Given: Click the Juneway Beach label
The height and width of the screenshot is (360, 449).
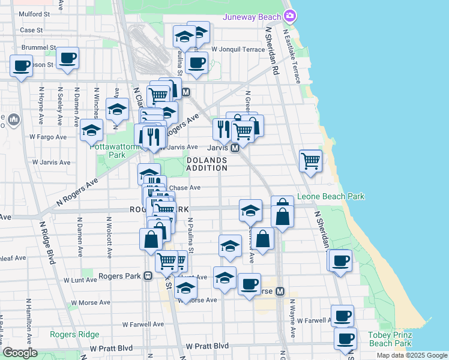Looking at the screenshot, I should pyautogui.click(x=252, y=17).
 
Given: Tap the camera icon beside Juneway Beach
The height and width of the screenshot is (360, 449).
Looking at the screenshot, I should pyautogui.click(x=291, y=16).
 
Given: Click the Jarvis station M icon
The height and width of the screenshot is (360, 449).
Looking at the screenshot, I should pyautogui.click(x=235, y=148).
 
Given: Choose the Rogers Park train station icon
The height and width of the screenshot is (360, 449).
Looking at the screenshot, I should pyautogui.click(x=147, y=275).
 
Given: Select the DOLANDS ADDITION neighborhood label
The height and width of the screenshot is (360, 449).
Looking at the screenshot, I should pyautogui.click(x=206, y=164).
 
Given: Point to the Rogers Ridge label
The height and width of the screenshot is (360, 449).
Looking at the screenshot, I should pyautogui.click(x=70, y=335).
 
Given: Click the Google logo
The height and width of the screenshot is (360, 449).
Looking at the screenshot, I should pyautogui.click(x=20, y=353).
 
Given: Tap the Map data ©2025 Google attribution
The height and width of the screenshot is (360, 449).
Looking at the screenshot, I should pyautogui.click(x=411, y=355).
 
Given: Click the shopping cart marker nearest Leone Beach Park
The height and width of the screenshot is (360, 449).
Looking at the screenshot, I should pyautogui.click(x=310, y=160).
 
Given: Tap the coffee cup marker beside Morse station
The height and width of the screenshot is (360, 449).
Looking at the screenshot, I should pyautogui.click(x=249, y=284).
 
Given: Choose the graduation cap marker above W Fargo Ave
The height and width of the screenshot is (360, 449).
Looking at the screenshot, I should pyautogui.click(x=91, y=130).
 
